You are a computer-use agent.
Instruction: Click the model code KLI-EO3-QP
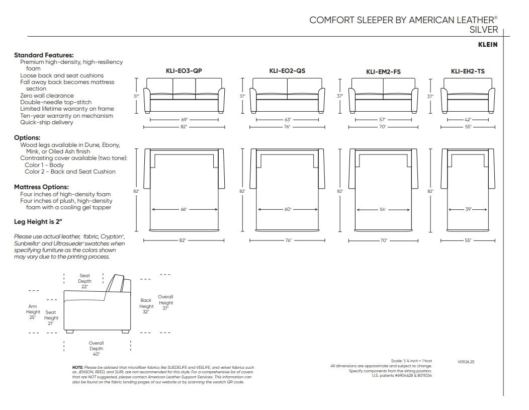tap(184, 71)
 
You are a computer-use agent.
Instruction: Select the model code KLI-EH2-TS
tap(468, 71)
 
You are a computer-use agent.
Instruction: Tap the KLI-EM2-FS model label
tap(383, 71)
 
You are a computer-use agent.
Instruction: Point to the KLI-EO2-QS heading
tap(287, 71)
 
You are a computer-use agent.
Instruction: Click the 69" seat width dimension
tap(184, 119)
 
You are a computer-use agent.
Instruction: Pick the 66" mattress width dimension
tap(184, 209)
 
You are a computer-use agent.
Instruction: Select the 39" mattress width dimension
tap(468, 209)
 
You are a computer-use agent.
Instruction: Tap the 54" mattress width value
tap(383, 209)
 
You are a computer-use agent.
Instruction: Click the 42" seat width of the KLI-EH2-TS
tap(468, 119)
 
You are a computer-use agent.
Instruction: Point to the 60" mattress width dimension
tap(288, 209)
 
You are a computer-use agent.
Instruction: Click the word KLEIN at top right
tap(487, 45)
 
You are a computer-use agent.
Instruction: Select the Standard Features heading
tap(44, 55)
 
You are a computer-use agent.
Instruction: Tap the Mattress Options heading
tap(41, 187)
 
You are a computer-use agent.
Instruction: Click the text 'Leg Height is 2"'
tap(38, 222)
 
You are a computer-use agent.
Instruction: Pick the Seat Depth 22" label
tap(84, 281)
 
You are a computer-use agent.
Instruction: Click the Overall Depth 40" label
tap(96, 349)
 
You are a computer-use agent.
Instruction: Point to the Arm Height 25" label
tap(33, 312)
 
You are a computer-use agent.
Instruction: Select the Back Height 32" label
tap(146, 306)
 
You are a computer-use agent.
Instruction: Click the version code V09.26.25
tap(466, 362)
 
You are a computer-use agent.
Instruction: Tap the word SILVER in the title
tap(483, 30)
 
